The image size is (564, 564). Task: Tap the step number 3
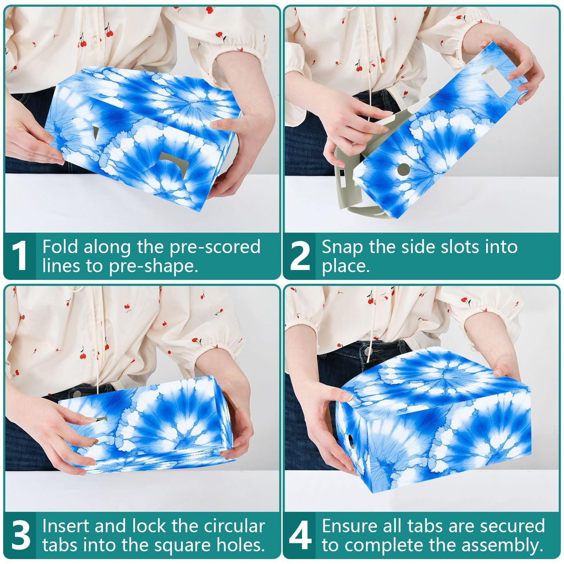(x=20, y=536)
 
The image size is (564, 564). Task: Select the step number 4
(x=300, y=536)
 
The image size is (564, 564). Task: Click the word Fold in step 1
(x=60, y=247)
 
